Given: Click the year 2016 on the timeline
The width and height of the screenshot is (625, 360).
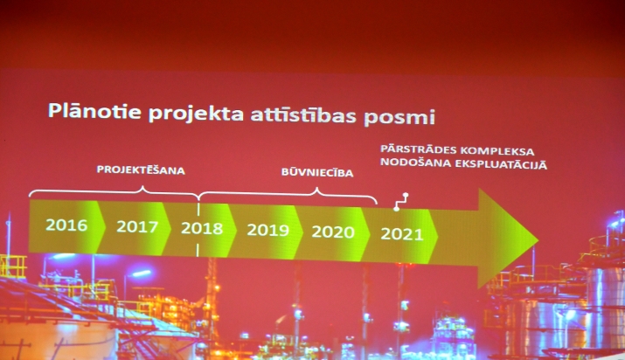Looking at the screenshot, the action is coord(66,225).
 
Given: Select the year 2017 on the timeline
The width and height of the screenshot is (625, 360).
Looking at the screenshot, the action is coord(137,226).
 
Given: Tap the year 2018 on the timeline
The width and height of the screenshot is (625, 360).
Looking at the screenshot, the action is coord(202,228).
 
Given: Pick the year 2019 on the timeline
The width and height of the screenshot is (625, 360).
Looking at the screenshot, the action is coord(267,230).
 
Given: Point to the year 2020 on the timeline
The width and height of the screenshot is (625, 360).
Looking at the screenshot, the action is coord(333,232).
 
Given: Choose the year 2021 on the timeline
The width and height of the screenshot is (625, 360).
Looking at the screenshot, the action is coord(402,234).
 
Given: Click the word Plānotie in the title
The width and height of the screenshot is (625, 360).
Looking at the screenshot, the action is coord(94,111).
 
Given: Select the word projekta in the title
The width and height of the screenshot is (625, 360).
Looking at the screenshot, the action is coord(196,114).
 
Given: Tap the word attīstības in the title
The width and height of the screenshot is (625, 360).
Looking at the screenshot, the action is coord(303,115).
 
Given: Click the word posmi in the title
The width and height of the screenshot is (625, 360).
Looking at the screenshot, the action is coord(399,118).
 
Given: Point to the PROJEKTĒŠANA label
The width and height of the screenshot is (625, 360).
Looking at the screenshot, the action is coord(141,170).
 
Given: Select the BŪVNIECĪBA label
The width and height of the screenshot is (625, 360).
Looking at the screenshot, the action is coord(317,172).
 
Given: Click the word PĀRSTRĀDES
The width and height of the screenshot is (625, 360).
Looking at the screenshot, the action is coord(418,149).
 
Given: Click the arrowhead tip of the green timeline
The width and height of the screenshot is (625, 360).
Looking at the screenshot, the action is coord(539,239).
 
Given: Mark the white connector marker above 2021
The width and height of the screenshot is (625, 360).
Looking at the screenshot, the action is coord(401,202).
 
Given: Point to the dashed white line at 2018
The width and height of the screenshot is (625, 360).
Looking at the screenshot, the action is coord(198,230).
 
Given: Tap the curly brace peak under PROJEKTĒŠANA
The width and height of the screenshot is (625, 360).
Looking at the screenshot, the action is coord(142,186).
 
